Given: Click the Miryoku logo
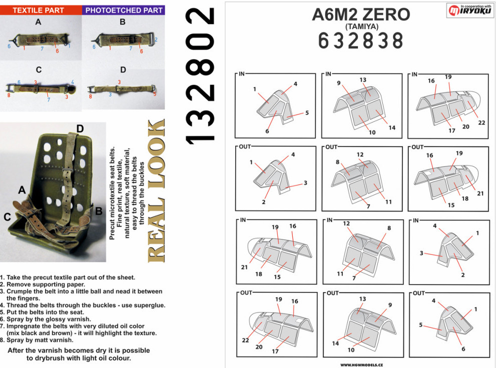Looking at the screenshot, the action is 470,10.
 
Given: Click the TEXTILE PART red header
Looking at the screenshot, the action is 38,10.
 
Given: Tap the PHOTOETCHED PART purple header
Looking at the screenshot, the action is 124,10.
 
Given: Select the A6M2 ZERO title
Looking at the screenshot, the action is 361,14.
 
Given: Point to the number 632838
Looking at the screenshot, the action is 360,40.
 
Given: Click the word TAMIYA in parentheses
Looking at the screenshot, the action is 361,26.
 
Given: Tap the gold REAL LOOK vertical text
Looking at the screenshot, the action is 157,191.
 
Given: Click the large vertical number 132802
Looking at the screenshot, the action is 200,76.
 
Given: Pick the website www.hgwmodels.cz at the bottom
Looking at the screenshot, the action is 361,365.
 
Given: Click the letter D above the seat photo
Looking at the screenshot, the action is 80,128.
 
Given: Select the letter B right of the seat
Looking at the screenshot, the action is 99,211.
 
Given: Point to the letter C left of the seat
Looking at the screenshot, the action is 8,216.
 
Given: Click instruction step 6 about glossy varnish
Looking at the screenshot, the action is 46,319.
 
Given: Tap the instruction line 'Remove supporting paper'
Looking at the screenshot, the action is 43,284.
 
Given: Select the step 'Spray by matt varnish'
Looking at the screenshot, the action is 37,340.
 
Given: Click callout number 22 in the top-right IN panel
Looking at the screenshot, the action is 481,122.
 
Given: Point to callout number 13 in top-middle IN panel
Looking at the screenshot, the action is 362,80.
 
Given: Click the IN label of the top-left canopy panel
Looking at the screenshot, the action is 242,73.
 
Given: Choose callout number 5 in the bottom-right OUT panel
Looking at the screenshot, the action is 421,324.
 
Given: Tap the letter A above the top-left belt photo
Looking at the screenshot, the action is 38,22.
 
